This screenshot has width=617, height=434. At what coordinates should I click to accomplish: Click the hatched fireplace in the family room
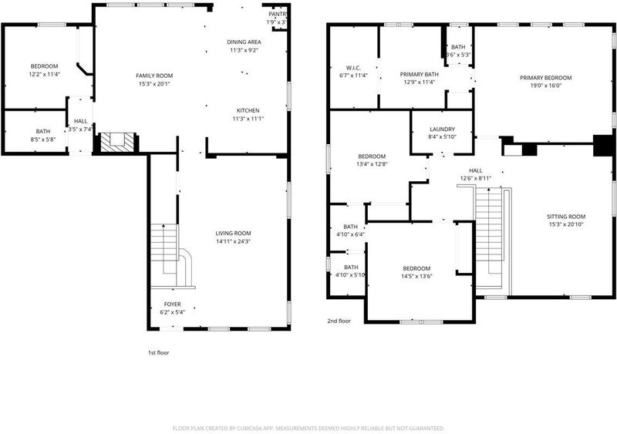[x=118, y=142]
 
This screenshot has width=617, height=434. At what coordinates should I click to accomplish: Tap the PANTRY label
[x=278, y=14]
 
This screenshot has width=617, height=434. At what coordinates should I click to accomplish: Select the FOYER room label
[x=172, y=304]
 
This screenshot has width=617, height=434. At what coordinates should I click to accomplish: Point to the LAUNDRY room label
[x=442, y=129]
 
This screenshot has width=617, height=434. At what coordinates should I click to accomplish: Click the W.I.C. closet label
[x=353, y=68]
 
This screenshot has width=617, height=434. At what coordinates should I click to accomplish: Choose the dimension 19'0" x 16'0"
[x=545, y=86]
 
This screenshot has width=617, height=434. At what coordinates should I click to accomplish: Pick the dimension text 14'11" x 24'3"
[x=234, y=241]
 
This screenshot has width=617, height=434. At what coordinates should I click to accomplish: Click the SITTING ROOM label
[x=566, y=217]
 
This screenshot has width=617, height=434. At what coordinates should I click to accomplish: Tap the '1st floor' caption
[x=159, y=352]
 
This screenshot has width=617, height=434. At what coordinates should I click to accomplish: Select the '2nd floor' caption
[x=339, y=321]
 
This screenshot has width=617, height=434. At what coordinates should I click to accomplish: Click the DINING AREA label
[x=244, y=42]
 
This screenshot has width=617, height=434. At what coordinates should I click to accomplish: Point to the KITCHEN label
[x=248, y=110]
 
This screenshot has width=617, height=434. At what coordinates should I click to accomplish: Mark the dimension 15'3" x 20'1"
[x=154, y=84]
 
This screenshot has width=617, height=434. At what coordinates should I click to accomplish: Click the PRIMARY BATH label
[x=419, y=74]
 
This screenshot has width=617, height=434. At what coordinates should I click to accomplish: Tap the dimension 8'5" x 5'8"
[x=43, y=140]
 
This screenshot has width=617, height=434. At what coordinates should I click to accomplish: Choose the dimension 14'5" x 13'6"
[x=416, y=276]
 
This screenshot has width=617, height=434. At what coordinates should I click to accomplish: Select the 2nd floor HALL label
[x=475, y=170]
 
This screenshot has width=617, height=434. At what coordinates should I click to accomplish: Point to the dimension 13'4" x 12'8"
[x=372, y=164]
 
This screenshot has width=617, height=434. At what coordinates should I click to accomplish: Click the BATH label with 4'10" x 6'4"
[x=350, y=227]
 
